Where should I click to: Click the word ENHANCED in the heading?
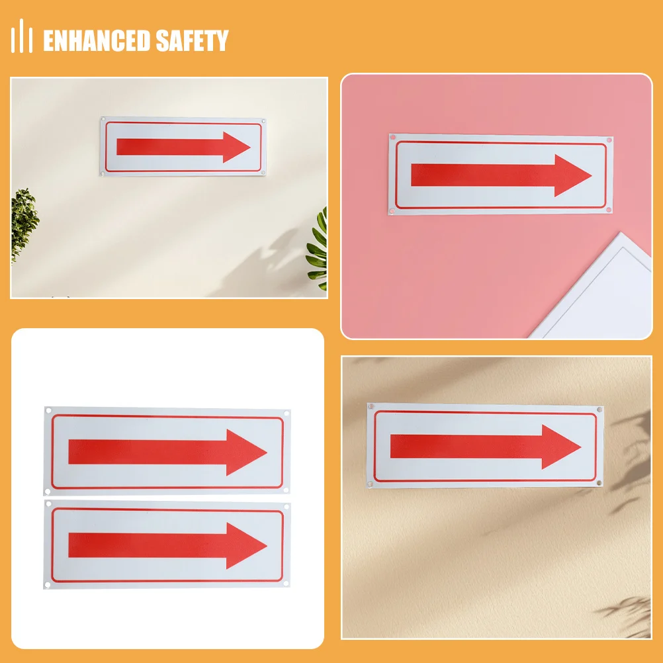click(97, 41)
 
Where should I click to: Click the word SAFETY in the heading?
click(192, 41)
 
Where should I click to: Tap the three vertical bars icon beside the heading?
click(22, 36)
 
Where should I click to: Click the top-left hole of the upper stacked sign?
click(48, 412)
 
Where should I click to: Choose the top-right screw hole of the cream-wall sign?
click(263, 122)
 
